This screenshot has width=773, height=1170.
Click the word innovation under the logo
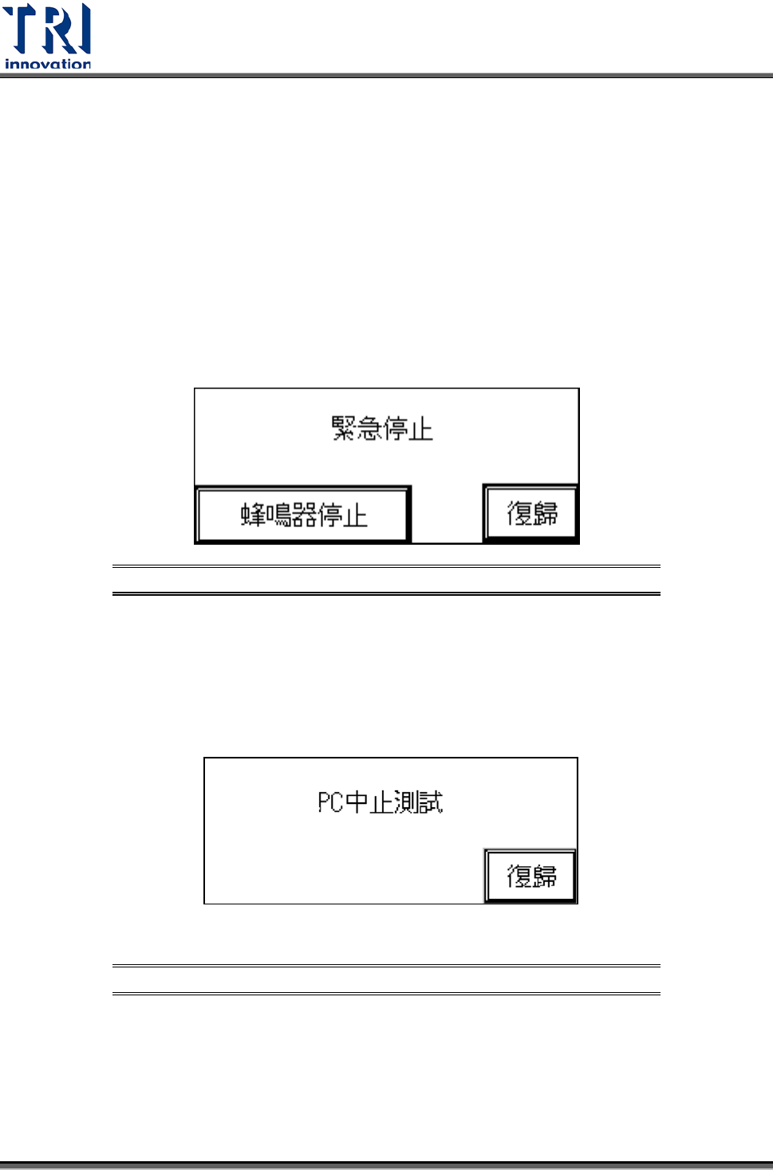pos(48,64)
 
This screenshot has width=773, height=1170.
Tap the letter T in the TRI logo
pos(20,29)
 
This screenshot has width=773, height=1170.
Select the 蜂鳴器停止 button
pos(303,514)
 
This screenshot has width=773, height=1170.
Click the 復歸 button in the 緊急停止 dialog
pos(531,513)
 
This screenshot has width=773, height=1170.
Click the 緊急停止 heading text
pos(382,428)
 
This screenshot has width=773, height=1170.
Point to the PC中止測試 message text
pos(380,802)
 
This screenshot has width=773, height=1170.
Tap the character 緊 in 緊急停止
pos(344,428)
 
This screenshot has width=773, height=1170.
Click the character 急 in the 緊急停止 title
pos(369,428)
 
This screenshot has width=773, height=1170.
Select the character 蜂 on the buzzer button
pos(253,514)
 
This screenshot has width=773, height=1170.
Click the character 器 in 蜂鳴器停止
pos(305,514)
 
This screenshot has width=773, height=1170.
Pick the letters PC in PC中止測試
pos(330,802)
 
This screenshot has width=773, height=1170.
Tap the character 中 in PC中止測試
pos(356,802)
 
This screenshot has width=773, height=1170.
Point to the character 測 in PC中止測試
pos(406,802)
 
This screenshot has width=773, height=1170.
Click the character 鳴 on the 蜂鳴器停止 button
pos(278,514)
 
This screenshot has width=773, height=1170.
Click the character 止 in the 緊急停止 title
pos(420,428)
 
